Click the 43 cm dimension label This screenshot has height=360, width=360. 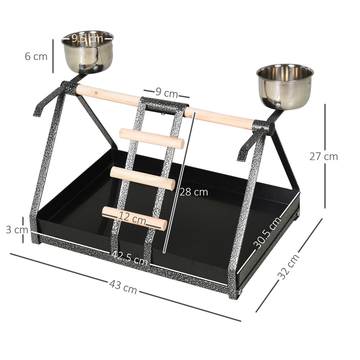pyautogui.click(x=123, y=287)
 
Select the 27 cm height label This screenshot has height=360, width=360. pyautogui.click(x=323, y=156)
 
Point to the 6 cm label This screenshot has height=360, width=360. pyautogui.click(x=36, y=56)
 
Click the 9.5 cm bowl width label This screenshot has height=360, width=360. pyautogui.click(x=87, y=38)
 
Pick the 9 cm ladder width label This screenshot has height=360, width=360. pyautogui.click(x=166, y=93)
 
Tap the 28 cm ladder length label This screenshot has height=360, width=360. pyautogui.click(x=194, y=191)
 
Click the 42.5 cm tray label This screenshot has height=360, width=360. pyautogui.click(x=129, y=257)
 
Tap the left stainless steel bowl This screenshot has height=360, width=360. pyautogui.click(x=87, y=52)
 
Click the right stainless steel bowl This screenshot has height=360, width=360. pyautogui.click(x=284, y=87)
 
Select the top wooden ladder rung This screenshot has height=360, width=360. pyautogui.click(x=151, y=138)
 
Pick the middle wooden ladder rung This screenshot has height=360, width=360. pyautogui.click(x=142, y=178)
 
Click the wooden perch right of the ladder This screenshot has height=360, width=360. pyautogui.click(x=220, y=118)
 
